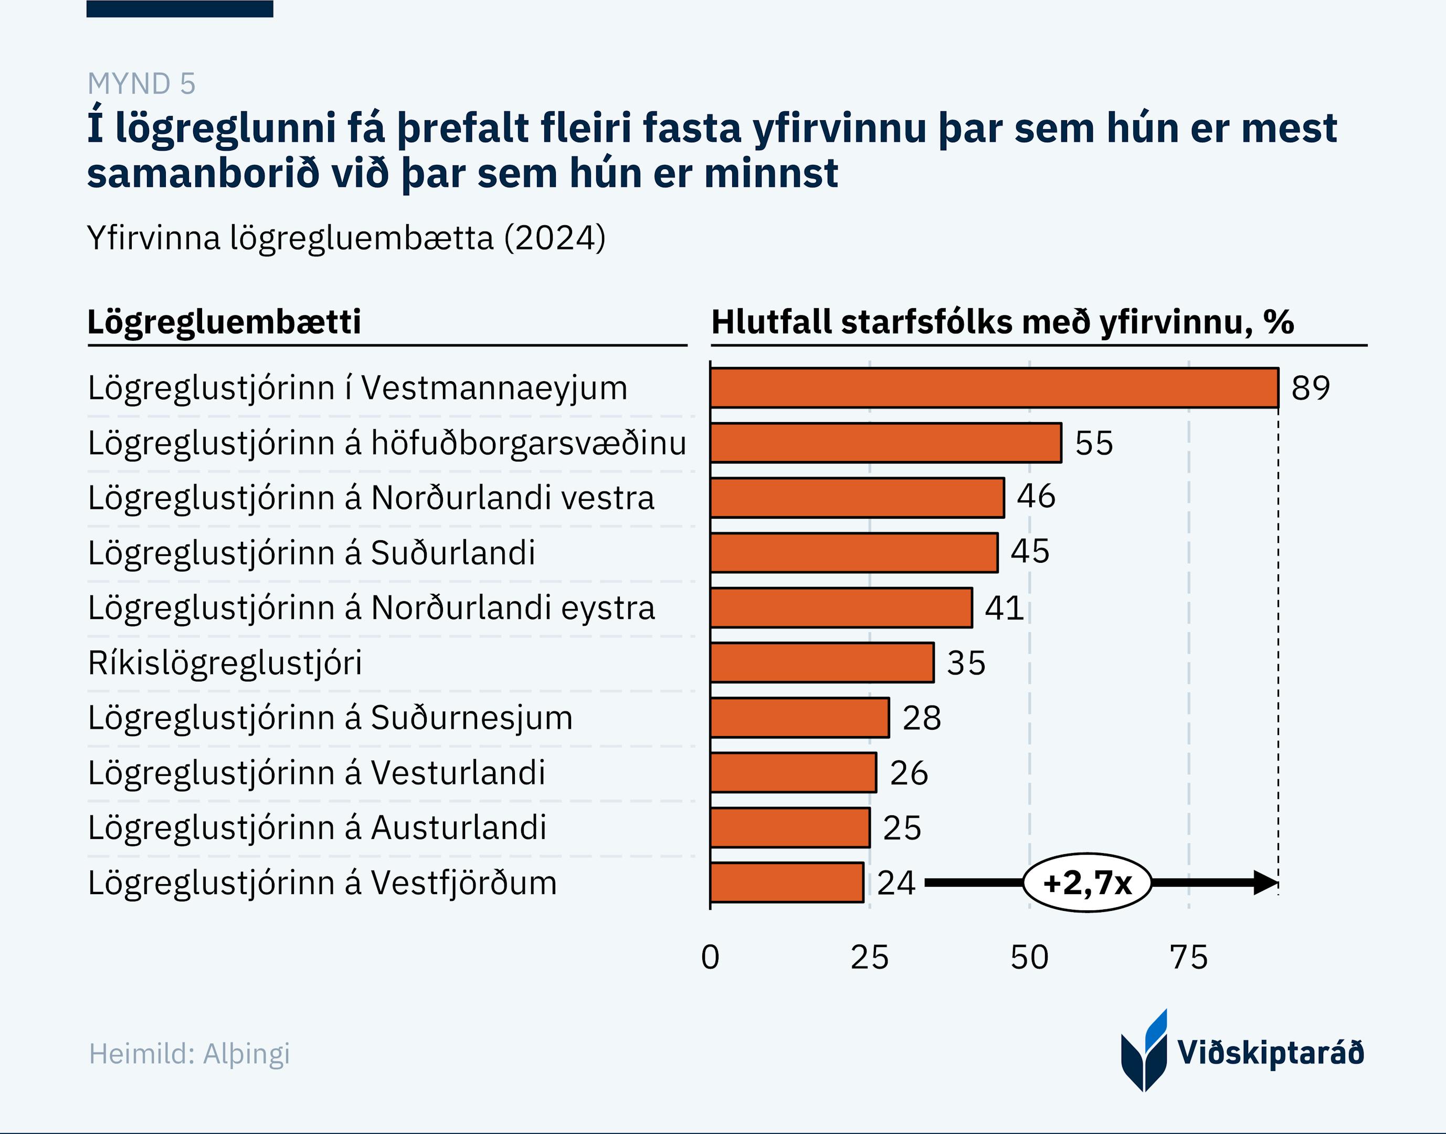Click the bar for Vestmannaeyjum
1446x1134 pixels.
994,388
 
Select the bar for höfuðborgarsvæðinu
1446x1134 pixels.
885,443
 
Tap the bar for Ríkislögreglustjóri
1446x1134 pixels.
821,663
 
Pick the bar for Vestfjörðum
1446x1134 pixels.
786,883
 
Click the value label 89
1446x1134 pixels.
1310,388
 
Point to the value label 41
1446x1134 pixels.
1004,607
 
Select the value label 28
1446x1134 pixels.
921,718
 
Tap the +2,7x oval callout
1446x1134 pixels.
1087,883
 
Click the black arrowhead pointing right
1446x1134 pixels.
1265,883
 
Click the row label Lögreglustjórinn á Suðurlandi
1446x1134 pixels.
311,552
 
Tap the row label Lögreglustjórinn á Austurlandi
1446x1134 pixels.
316,828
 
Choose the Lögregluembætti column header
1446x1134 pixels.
224,322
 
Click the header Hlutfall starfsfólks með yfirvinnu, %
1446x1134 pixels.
1002,322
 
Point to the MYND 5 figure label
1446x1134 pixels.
141,83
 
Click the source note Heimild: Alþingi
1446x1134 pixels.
189,1054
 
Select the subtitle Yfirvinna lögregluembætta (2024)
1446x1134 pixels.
346,238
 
